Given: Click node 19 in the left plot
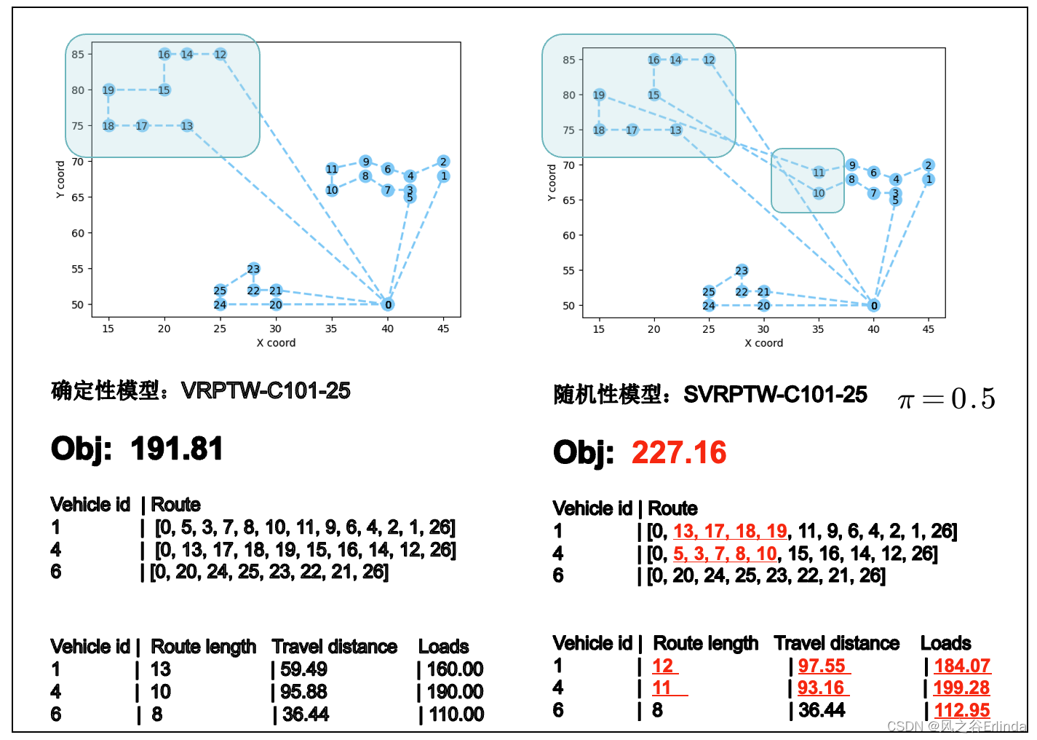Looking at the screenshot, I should coord(108,90).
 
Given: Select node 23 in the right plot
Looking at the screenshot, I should coord(742,270).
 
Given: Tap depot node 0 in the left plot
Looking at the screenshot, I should coord(388,304).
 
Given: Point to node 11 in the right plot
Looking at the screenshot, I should coord(819,173).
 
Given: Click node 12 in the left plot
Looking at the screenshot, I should coord(220,55).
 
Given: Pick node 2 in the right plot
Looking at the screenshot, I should coord(928,165).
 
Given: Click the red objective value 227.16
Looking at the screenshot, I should coord(679,452).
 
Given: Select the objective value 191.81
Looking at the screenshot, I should coord(177,449).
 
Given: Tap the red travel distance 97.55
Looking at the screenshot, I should coord(822,666).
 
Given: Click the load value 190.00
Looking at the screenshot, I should coord(455,691).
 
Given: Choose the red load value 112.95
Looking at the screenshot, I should coord(961,710).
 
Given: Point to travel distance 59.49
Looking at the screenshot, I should coord(303,669).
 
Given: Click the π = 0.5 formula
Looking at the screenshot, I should coord(946,398).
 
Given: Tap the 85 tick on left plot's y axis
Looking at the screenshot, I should coord(78,55).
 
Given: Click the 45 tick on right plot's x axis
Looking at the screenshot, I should coord(928,329).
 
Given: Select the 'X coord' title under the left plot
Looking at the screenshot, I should coord(276,342).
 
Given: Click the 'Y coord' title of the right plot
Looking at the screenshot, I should coord(551,182).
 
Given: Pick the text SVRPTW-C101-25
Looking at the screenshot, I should coord(775,394).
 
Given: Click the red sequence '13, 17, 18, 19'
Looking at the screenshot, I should coord(730,531).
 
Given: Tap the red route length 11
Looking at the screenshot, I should coord(661,688).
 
